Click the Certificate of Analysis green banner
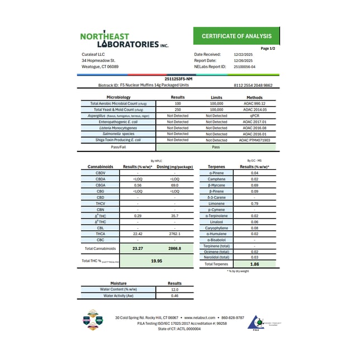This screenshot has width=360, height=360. click(240, 36)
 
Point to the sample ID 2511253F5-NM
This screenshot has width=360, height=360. click(179, 79)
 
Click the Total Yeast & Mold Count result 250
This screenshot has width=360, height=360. click(177, 109)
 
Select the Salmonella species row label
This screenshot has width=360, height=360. click(116, 134)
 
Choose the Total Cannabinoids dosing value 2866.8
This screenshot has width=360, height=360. click(174, 248)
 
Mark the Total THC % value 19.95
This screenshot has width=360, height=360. click(157, 260)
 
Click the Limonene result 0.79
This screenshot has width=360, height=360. click(254, 203)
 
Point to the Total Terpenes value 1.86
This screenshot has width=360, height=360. click(254, 263)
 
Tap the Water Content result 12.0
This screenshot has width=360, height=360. click(174, 290)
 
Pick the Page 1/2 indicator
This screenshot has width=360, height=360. click(269, 49)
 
